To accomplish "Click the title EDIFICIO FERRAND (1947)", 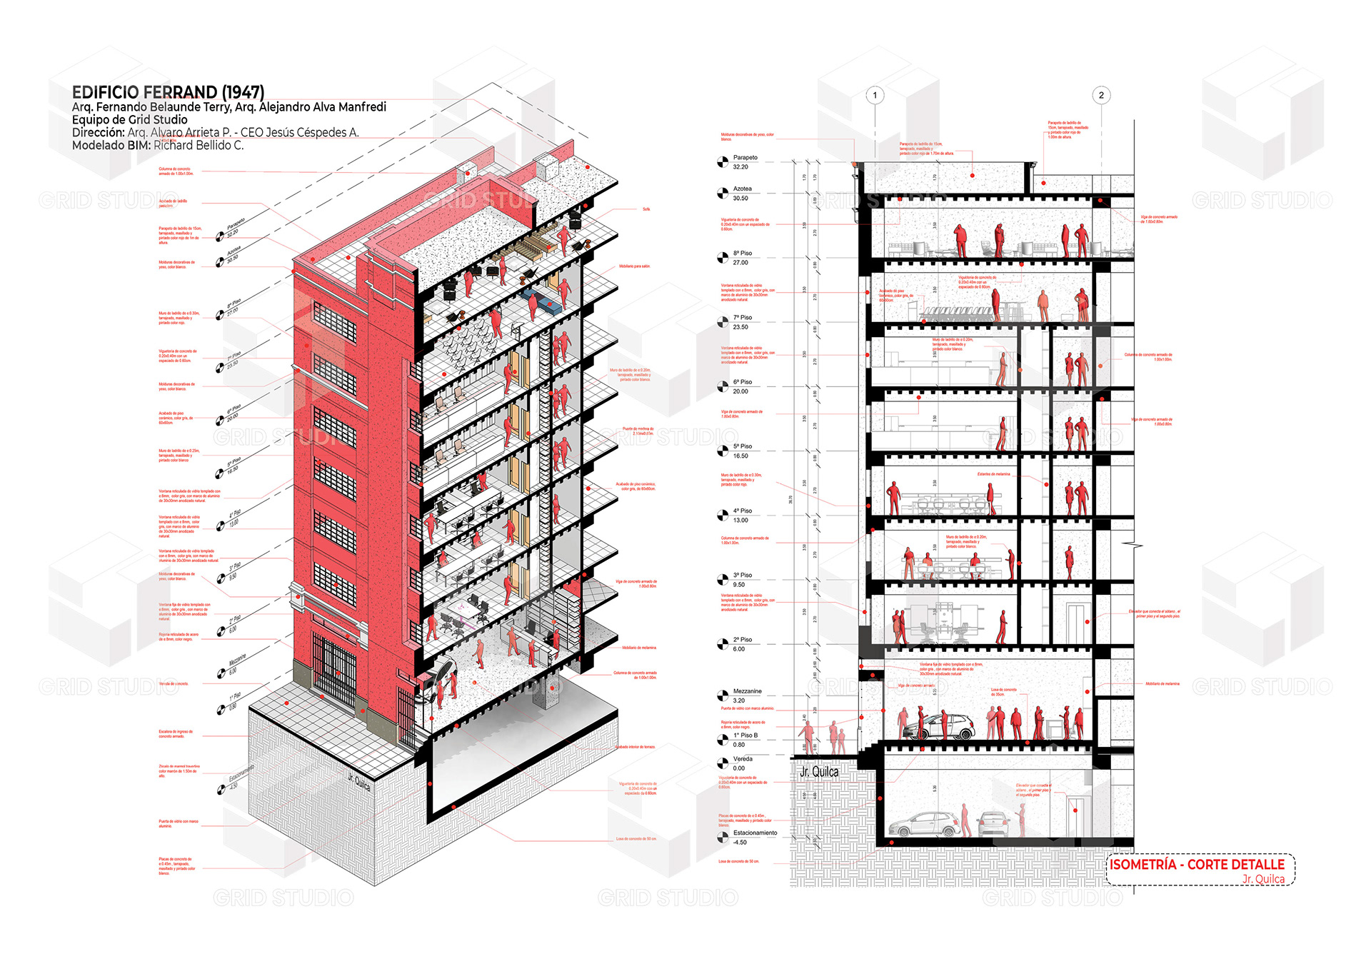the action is [168, 92].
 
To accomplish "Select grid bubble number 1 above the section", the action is [875, 95].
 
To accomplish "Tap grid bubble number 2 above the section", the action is [1101, 95].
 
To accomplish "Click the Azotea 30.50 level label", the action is [742, 194].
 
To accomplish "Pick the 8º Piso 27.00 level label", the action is [742, 258].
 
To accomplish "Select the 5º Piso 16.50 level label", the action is [742, 451].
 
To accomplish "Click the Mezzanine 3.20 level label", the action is [746, 696].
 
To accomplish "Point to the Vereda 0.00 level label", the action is [742, 763].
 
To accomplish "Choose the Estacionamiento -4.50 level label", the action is [754, 837].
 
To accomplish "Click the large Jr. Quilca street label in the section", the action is [819, 772].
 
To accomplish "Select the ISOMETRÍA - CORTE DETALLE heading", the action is [1197, 864].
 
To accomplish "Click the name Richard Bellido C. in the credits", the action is [199, 145].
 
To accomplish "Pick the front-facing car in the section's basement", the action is [993, 825].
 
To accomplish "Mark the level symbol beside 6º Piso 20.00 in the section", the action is [723, 387].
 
